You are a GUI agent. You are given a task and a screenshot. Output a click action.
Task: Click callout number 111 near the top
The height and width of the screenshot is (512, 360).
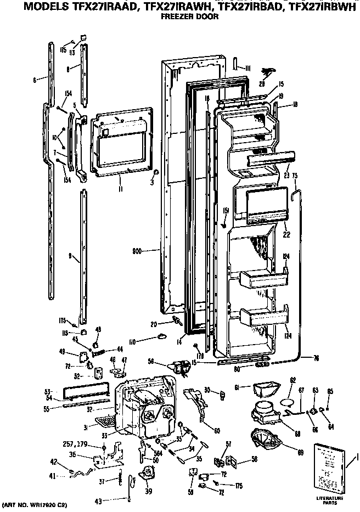click(x=248, y=67)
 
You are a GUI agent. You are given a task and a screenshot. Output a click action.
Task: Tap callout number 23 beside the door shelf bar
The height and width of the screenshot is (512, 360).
click(x=286, y=176)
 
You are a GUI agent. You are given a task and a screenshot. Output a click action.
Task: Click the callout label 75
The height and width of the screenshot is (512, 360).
click(x=295, y=176)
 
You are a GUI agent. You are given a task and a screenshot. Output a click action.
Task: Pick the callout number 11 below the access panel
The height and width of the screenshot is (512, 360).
click(x=121, y=188)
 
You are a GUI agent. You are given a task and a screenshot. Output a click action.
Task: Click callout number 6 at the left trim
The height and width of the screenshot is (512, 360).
click(x=34, y=80)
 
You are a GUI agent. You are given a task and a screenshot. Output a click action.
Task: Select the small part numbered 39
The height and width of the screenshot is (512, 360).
click(x=147, y=475)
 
